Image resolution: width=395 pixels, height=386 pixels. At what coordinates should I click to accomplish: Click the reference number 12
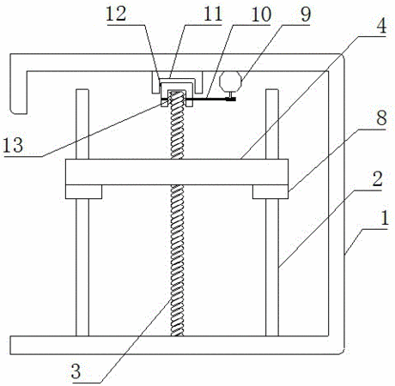(116, 14)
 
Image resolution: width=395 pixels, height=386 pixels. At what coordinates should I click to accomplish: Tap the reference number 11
(212, 14)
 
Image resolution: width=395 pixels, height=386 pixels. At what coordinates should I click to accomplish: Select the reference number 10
(261, 15)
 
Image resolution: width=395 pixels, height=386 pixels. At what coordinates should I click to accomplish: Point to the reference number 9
(306, 15)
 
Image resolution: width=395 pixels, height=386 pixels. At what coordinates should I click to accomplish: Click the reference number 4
(381, 25)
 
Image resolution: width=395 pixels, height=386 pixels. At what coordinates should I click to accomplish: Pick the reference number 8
(381, 118)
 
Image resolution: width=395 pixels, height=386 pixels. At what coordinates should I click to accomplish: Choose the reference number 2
(377, 179)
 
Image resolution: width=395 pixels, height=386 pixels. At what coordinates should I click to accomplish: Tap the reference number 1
(384, 218)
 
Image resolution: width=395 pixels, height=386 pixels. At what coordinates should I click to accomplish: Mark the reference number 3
(76, 371)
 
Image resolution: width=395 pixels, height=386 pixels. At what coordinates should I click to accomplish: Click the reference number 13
(13, 145)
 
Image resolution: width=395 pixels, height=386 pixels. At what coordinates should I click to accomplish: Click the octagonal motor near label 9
(230, 81)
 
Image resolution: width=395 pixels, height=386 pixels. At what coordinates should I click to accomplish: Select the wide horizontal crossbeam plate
(177, 172)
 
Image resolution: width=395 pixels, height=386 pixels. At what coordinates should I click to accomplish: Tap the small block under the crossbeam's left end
(83, 191)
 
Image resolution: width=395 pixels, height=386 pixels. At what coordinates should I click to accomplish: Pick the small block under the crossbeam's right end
(270, 191)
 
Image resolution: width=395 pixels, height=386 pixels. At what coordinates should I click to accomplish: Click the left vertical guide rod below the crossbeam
(82, 268)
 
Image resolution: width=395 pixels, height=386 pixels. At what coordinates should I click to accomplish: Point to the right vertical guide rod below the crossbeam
(272, 268)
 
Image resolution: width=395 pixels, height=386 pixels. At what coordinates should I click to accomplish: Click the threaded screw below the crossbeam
(177, 261)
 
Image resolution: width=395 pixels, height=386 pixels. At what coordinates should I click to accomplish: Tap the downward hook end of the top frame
(19, 93)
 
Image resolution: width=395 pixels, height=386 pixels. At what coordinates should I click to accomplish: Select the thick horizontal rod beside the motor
(199, 100)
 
